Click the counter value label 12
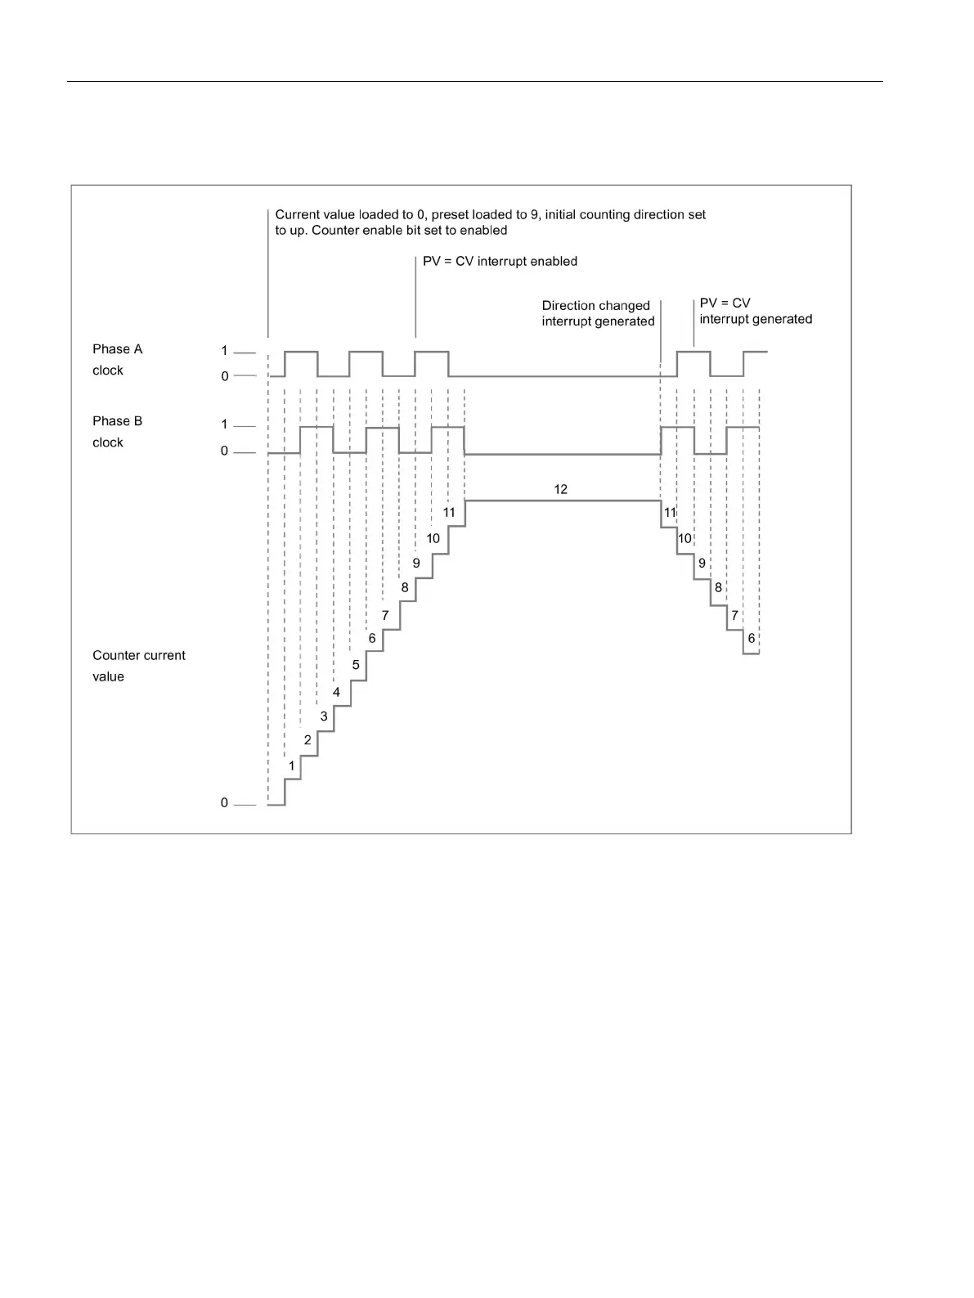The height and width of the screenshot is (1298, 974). (x=560, y=489)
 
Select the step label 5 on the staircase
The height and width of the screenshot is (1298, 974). (x=356, y=665)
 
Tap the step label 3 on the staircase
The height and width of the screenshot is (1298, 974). (x=324, y=716)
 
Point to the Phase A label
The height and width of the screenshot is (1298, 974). (x=117, y=349)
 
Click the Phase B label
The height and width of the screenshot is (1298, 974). (x=117, y=421)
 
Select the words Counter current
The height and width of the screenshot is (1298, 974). (x=139, y=655)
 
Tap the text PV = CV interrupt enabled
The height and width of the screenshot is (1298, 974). (x=500, y=262)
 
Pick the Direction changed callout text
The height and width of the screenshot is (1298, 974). (x=595, y=306)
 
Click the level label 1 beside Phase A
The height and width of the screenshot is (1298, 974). (x=224, y=351)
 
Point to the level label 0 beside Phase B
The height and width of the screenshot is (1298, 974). (x=224, y=451)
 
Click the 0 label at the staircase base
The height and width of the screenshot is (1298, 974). (x=224, y=803)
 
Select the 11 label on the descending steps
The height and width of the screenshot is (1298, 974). (x=671, y=513)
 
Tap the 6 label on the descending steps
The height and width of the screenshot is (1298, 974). (x=752, y=639)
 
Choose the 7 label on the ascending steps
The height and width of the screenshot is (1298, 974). (x=385, y=615)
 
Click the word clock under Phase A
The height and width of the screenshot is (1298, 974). (x=108, y=371)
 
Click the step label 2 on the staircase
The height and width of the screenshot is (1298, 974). (x=307, y=740)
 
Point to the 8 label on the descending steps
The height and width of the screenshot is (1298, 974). (x=719, y=588)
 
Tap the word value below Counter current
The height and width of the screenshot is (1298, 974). (x=108, y=676)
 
